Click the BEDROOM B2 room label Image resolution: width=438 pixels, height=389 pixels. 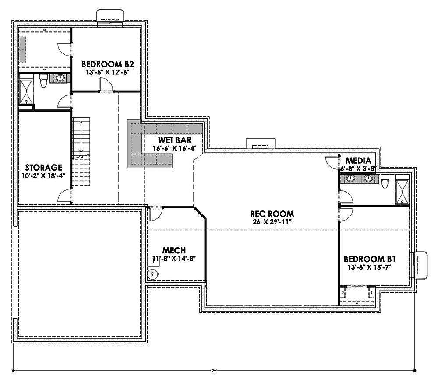pos(105,64)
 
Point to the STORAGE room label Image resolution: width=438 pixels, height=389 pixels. pos(43,167)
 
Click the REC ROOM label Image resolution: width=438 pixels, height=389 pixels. pos(272,214)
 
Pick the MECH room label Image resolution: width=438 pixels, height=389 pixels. pos(174,250)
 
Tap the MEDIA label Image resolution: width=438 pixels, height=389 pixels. pos(358,160)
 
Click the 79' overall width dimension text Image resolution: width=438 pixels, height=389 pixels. pos(214,371)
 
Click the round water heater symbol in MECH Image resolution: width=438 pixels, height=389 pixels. pos(153,274)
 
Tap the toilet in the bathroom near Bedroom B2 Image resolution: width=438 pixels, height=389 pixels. pos(43,81)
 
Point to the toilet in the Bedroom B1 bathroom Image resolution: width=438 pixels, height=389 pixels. pos(385,181)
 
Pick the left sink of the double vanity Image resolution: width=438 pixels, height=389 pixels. pos(350,179)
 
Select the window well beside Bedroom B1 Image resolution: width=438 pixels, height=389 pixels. pos(419,265)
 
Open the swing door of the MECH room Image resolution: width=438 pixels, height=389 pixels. pos(155,213)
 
